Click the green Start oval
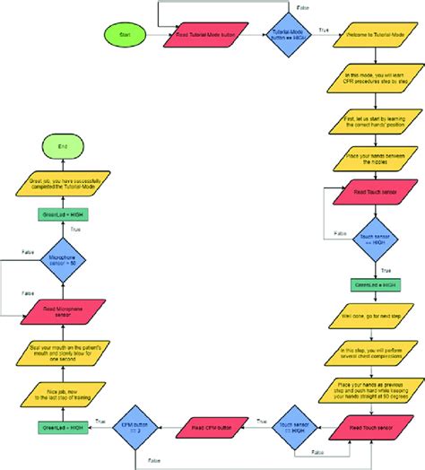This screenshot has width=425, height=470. pos(123,35)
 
